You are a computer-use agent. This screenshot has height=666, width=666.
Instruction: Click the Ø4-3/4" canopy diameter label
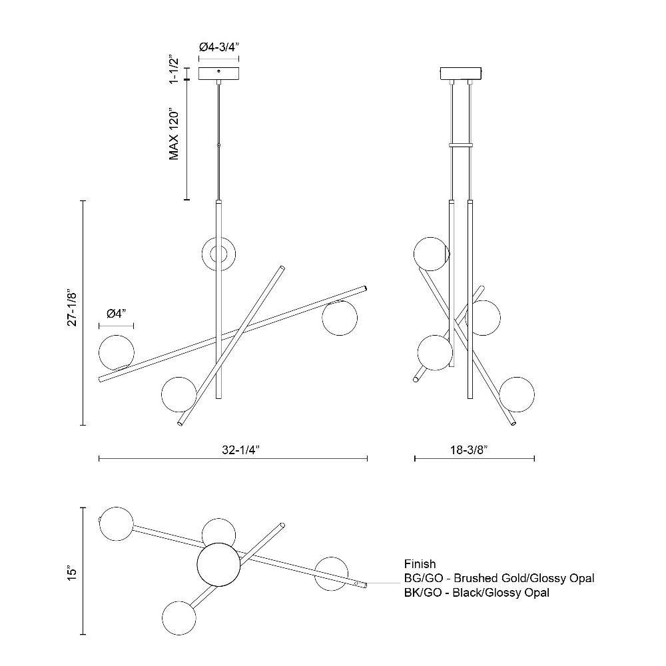tap(219, 47)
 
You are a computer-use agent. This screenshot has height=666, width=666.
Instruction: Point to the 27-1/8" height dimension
tap(72, 309)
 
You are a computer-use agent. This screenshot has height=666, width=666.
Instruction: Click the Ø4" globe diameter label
tap(117, 314)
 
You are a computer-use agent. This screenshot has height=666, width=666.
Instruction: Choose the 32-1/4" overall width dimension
tap(240, 450)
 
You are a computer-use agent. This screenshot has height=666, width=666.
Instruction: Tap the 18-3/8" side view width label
tap(468, 450)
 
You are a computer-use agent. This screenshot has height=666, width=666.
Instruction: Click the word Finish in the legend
tap(420, 564)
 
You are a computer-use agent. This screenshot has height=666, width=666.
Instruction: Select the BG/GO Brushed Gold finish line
tap(499, 578)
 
